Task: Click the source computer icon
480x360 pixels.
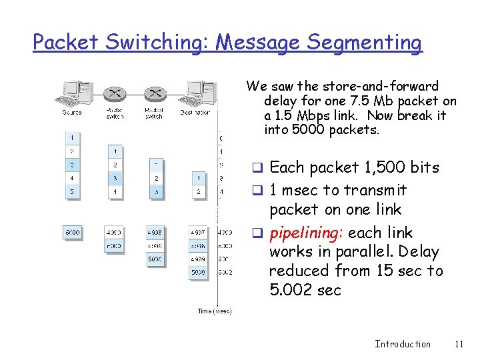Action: tap(75, 93)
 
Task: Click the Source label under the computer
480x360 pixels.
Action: tap(72, 113)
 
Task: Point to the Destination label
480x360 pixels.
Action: tap(195, 113)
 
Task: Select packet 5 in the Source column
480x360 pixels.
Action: tap(72, 192)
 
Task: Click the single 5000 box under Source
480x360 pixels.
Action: tap(72, 233)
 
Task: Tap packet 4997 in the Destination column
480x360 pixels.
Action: tap(197, 233)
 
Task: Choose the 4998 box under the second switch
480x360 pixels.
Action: tap(155, 233)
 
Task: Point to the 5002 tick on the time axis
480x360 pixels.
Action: tap(225, 272)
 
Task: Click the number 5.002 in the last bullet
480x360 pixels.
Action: tap(291, 291)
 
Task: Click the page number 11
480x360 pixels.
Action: tap(458, 344)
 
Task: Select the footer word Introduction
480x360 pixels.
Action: tap(403, 344)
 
